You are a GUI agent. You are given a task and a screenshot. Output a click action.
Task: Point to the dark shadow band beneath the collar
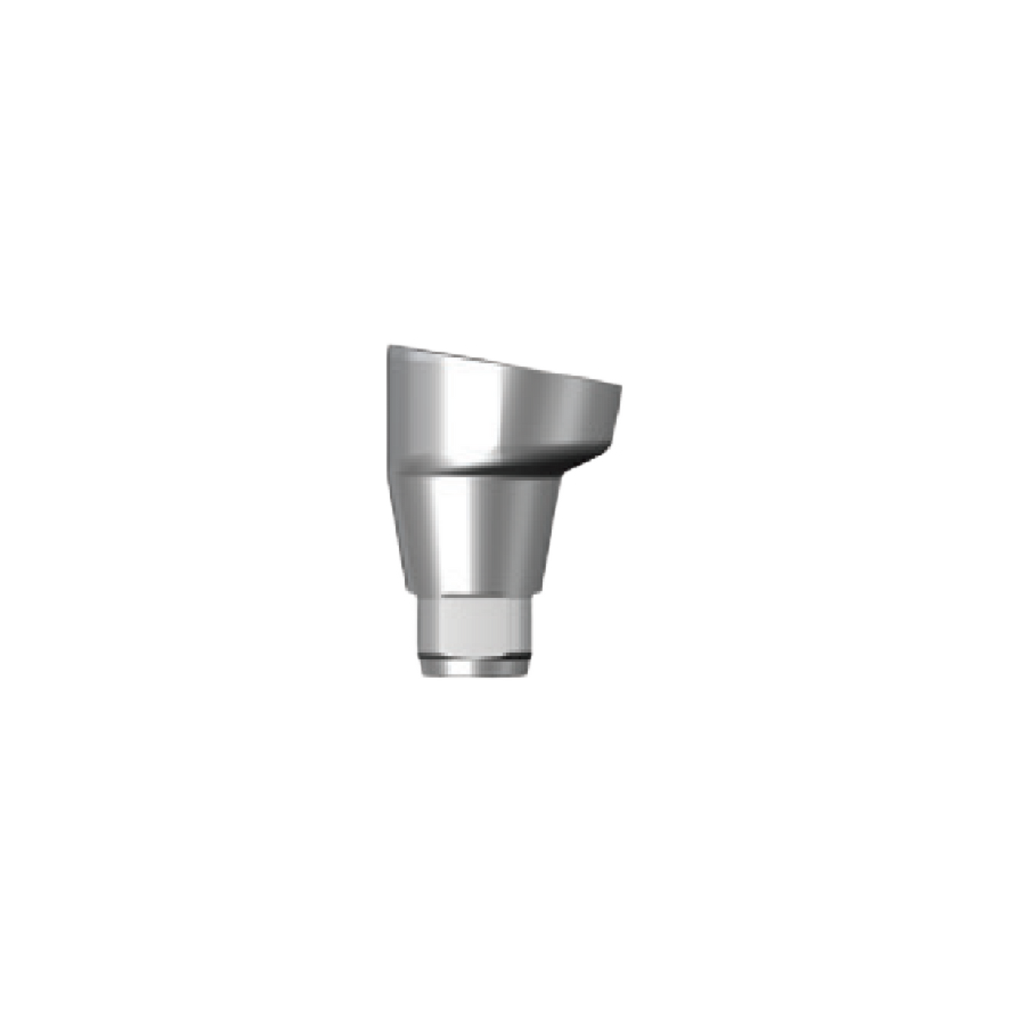pos(491,467)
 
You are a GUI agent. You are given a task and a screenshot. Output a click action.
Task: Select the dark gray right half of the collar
pos(568,421)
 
